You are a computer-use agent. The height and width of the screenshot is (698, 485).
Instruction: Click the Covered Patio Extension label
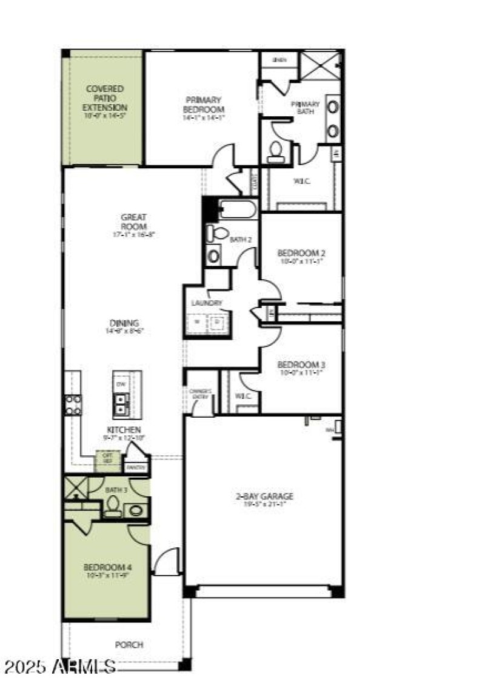pos(105,98)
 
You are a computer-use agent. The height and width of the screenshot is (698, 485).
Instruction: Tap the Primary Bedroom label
pos(204,104)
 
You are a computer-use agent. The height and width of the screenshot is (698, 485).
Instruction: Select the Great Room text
pos(133,221)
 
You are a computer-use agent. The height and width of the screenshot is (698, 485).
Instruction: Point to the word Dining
pos(125,323)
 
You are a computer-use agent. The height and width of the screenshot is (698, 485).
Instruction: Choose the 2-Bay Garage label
pos(264,496)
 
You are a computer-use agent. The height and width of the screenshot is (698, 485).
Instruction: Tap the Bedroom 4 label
pos(107,567)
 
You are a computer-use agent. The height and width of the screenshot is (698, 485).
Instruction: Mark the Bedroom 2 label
pos(301,253)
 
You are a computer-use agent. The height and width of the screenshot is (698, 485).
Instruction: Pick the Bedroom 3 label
pos(301,364)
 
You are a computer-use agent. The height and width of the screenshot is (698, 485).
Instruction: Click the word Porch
pos(129,645)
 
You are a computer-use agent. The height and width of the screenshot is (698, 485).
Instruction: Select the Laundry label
pos(207,303)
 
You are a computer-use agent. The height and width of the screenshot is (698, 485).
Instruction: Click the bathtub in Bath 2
pos(238,209)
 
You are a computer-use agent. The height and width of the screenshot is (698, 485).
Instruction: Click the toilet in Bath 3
pos(113,506)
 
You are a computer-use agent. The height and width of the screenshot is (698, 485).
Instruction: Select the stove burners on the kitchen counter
pos(73,404)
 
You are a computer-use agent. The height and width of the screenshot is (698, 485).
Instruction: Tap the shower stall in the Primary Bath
pos(320,65)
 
